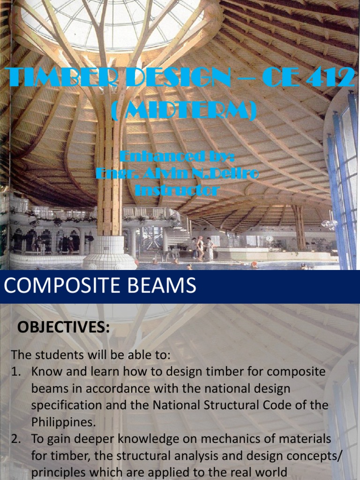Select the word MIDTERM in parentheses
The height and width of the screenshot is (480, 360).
[184, 111]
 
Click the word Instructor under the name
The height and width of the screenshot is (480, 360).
[177, 190]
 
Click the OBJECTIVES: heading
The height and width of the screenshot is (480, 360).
[63, 327]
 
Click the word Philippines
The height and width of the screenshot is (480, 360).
[63, 422]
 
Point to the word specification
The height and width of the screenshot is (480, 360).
[66, 405]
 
